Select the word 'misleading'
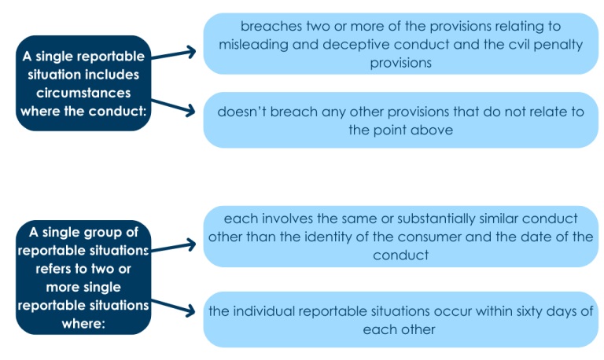pos(256,44)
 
